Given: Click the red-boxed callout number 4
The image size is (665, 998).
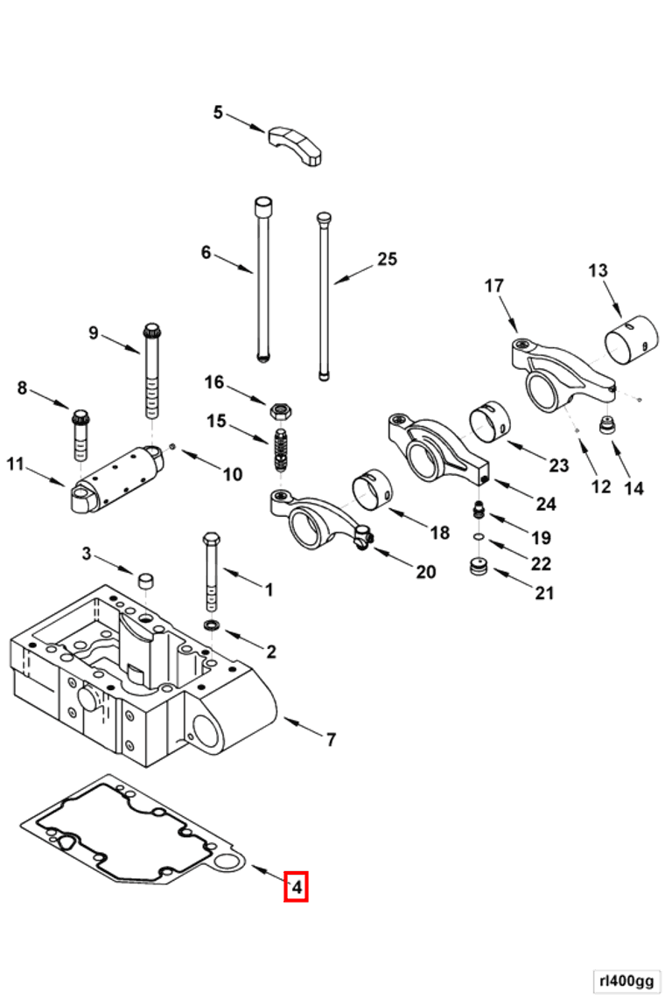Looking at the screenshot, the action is coord(297,886).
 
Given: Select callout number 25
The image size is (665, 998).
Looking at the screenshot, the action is coord(387,259).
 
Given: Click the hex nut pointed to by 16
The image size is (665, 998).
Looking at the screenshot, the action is coord(281,410).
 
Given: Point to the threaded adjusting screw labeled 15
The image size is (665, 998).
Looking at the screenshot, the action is coord(281,450).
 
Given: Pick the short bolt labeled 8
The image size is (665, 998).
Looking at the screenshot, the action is coord(80,436).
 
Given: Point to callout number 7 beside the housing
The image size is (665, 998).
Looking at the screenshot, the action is coord(331,740).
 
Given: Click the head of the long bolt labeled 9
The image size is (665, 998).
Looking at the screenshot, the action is coord(151,332).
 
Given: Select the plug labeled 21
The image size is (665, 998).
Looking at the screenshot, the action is coord(478,567).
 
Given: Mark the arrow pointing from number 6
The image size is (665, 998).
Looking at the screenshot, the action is coord(233,263).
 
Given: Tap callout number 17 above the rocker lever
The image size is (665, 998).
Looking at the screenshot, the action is coord(494,286).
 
